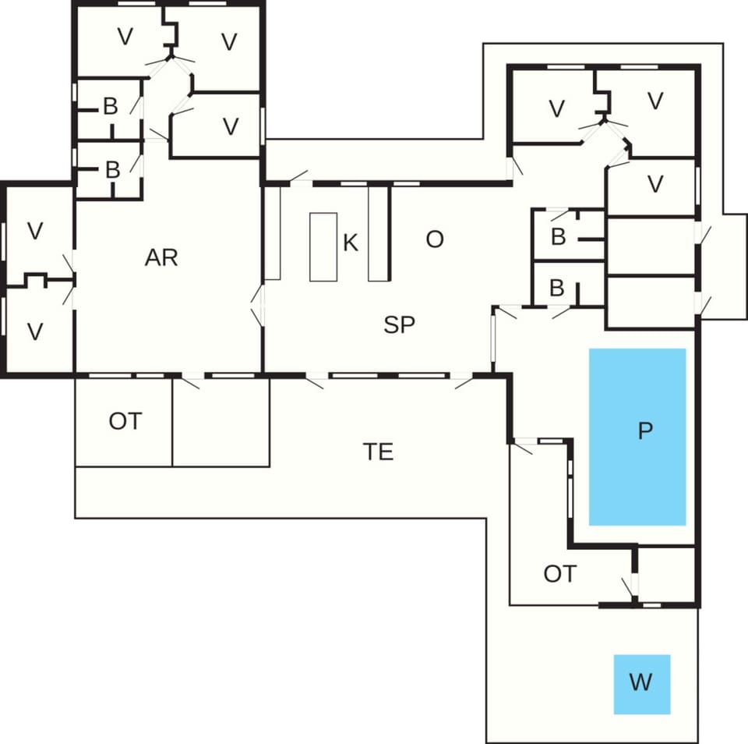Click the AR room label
[161, 257]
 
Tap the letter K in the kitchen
[351, 243]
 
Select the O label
[435, 239]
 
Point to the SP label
[399, 325]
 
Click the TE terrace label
[378, 451]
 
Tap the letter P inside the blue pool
[644, 431]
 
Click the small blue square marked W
[641, 684]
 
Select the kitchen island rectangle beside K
[323, 246]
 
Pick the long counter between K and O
[378, 232]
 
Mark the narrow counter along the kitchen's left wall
[272, 232]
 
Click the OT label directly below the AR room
[125, 421]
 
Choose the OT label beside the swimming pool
[559, 574]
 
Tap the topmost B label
[111, 107]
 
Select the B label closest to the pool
[556, 288]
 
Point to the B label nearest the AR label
[112, 169]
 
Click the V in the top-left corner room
[124, 37]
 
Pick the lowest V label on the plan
[35, 331]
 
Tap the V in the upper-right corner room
[654, 101]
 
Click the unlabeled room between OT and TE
[221, 422]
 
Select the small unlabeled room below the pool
[666, 575]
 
